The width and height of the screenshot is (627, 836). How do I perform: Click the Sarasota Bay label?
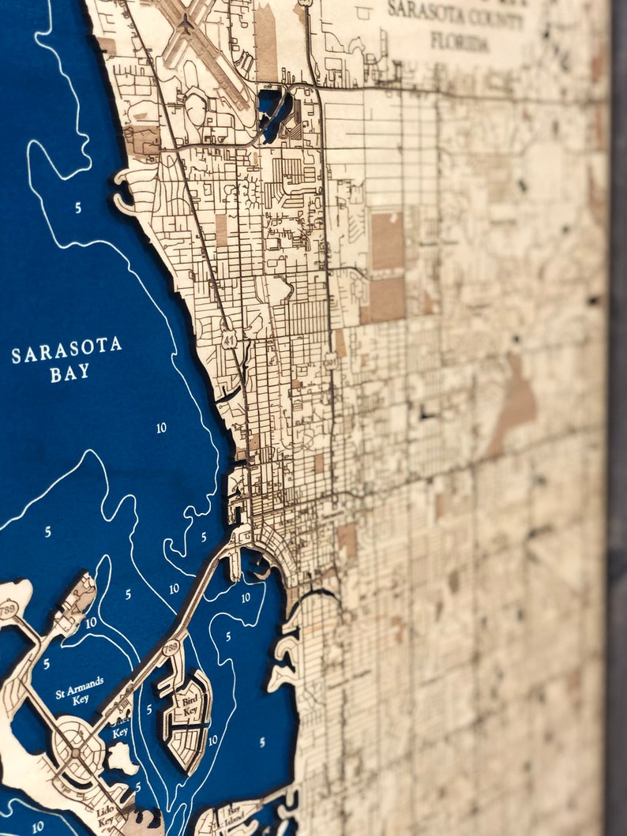(x=66, y=359)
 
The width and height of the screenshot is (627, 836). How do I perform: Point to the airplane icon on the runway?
(x=187, y=25)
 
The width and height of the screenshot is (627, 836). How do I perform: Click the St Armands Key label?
(x=78, y=688)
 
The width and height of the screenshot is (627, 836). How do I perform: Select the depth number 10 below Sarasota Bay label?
(x=161, y=428)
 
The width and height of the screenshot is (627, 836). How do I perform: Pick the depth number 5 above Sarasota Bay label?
(x=77, y=208)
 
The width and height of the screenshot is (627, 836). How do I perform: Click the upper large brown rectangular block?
(x=387, y=241)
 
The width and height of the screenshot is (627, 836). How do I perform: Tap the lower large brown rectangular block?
(x=385, y=299)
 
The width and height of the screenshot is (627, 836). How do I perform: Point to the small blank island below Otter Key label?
(x=122, y=759)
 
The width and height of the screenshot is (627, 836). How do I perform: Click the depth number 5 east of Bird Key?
(x=261, y=742)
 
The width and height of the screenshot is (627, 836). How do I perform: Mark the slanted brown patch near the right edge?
(x=513, y=403)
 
